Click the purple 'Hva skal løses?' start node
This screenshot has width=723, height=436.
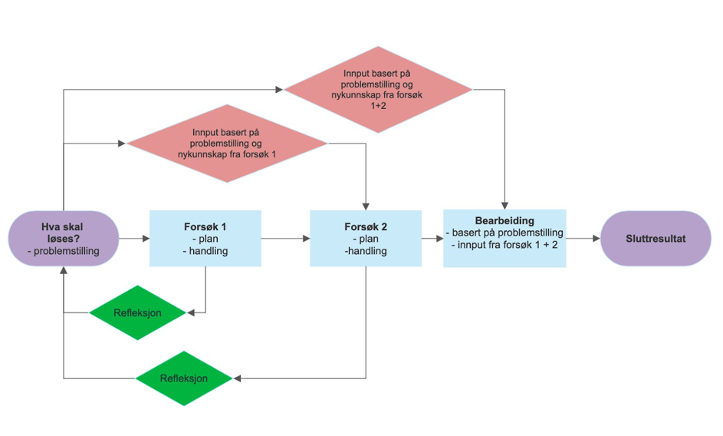pos(64,239)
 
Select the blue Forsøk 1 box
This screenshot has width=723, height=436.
pos(205,239)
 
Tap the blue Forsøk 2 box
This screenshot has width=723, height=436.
pos(365,239)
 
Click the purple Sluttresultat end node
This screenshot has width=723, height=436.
pos(656,239)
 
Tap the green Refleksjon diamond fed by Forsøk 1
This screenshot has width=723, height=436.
pos(137,312)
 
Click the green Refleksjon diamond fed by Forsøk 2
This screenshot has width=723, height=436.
pos(183,378)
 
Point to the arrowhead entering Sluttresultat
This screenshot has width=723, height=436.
pos(596,239)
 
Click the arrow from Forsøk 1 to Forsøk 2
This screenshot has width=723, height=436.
pos(285,239)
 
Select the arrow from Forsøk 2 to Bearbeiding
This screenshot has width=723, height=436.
pos(432,239)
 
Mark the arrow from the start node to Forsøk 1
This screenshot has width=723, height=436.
pos(134,239)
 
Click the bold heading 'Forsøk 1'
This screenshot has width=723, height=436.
pos(205,227)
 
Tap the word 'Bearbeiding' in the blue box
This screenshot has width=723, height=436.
pos(504,221)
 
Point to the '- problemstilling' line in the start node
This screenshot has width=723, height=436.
pos(64,250)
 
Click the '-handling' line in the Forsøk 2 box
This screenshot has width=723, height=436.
pos(365,250)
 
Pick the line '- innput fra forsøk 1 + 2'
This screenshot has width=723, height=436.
pos(504,245)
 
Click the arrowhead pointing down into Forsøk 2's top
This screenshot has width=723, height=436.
pos(366,206)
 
